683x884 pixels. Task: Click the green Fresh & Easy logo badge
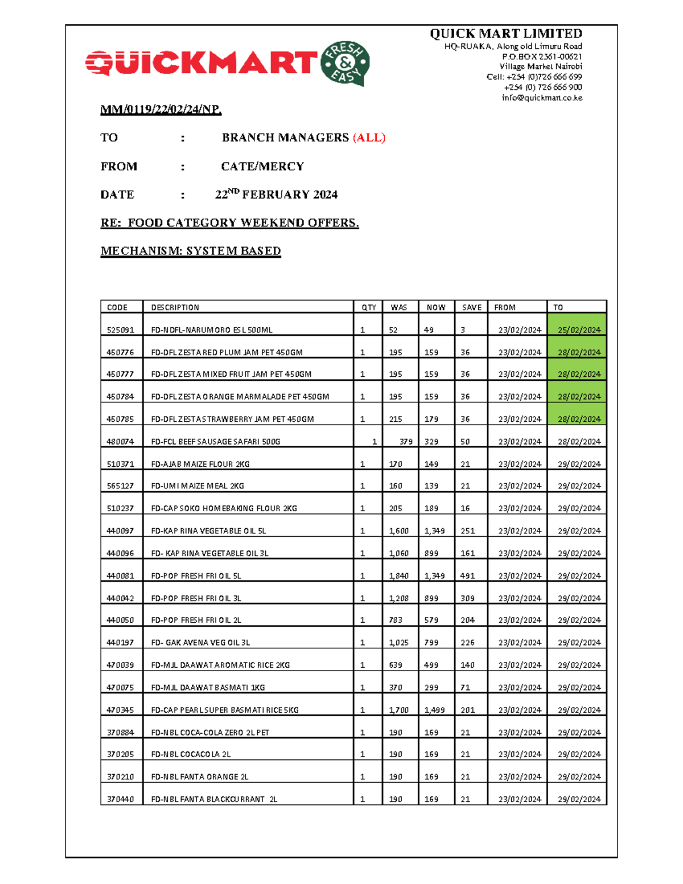pyautogui.click(x=345, y=63)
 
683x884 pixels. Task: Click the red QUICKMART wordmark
pyautogui.click(x=201, y=63)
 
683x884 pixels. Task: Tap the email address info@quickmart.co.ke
pyautogui.click(x=541, y=97)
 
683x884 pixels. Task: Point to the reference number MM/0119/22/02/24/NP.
pyautogui.click(x=161, y=109)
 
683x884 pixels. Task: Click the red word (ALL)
pyautogui.click(x=369, y=138)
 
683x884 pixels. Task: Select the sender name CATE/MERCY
pyautogui.click(x=262, y=167)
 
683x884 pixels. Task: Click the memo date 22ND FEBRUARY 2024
pyautogui.click(x=276, y=195)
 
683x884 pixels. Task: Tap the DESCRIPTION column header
pyautogui.click(x=175, y=307)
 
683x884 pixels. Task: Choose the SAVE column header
pyautogui.click(x=471, y=307)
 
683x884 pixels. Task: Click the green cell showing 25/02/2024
pyautogui.click(x=578, y=330)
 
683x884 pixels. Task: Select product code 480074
pyautogui.click(x=120, y=442)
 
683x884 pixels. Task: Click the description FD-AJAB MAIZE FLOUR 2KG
pyautogui.click(x=200, y=464)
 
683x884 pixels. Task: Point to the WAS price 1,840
pyautogui.click(x=398, y=576)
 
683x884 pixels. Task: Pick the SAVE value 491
pyautogui.click(x=467, y=576)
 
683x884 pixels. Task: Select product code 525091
pyautogui.click(x=120, y=330)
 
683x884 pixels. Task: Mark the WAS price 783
pyautogui.click(x=396, y=620)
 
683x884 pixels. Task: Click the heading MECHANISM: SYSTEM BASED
pyautogui.click(x=191, y=251)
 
